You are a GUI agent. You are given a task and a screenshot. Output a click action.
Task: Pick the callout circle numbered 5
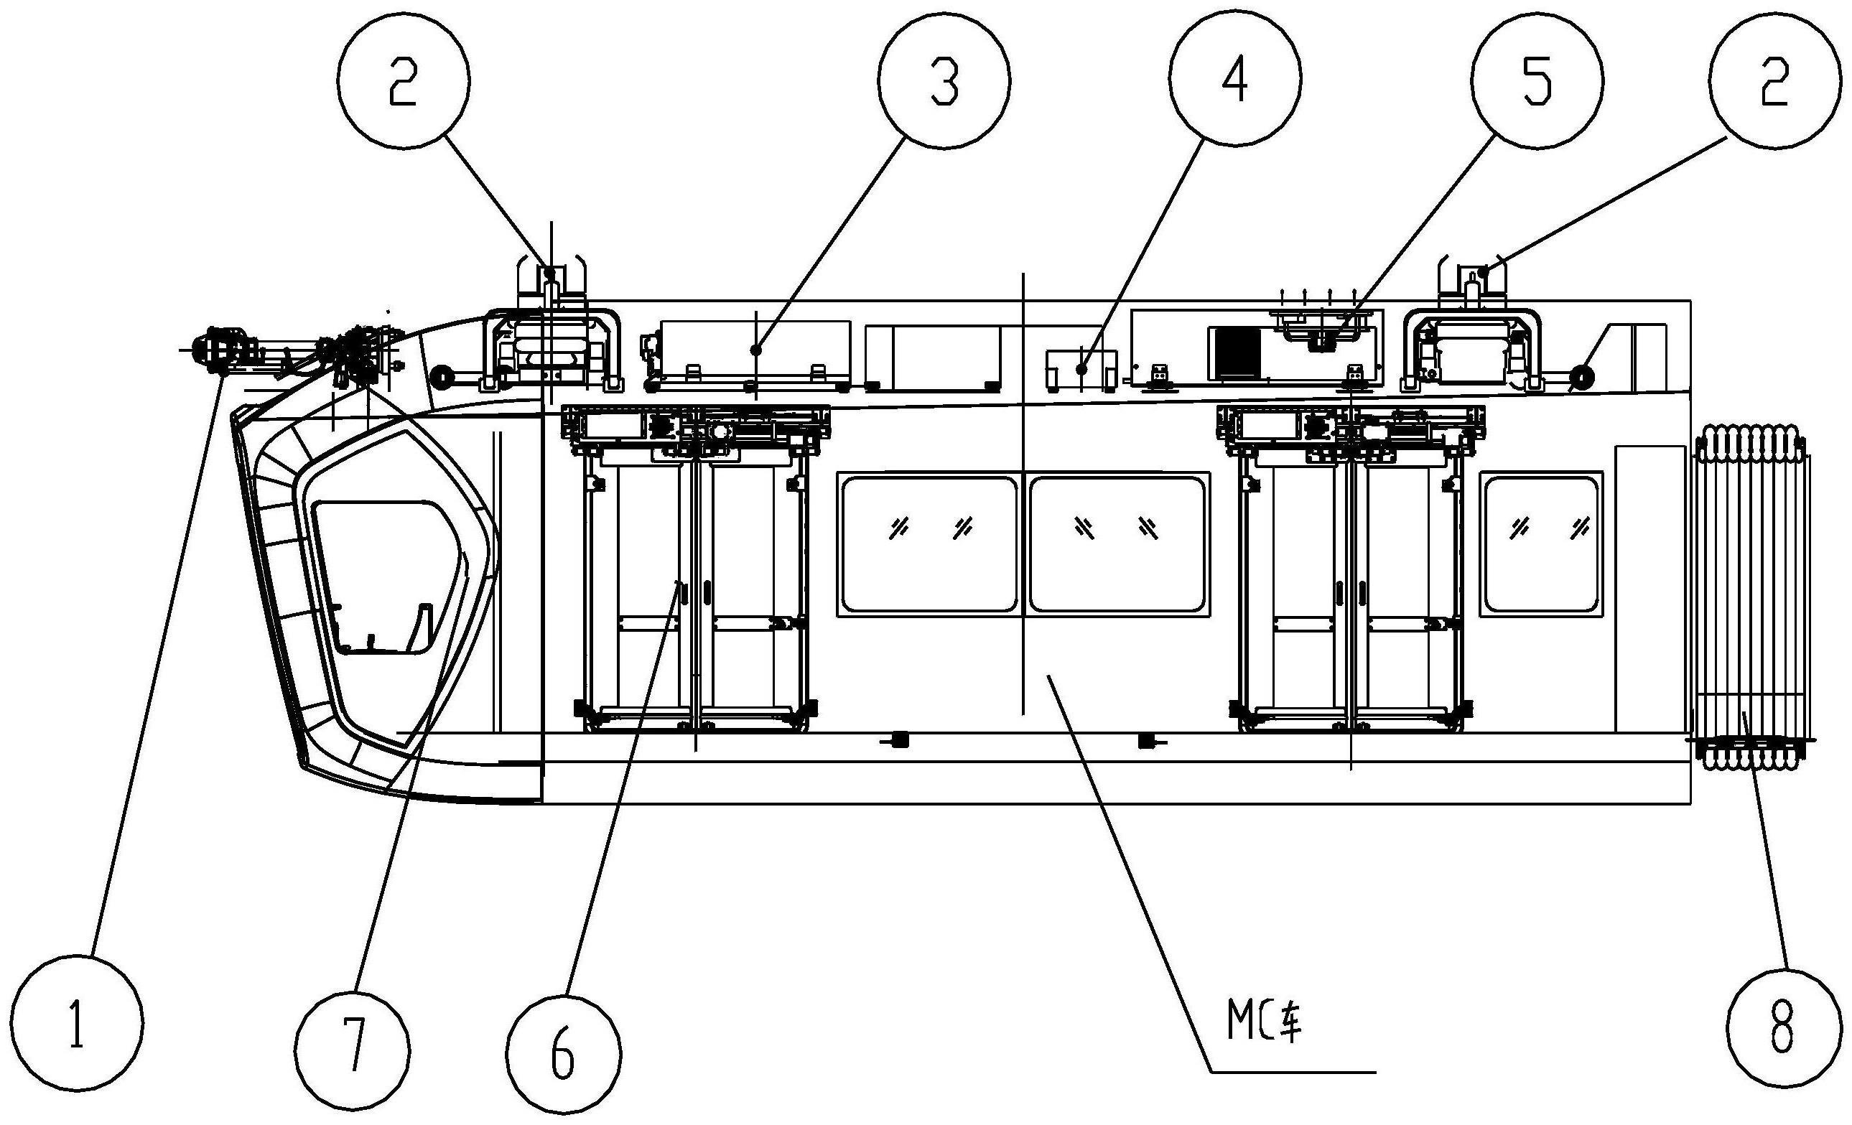pyautogui.click(x=1537, y=80)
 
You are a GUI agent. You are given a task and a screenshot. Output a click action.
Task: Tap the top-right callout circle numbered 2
pyautogui.click(x=1774, y=80)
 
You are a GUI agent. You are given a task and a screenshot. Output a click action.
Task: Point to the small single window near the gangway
pyautogui.click(x=1541, y=543)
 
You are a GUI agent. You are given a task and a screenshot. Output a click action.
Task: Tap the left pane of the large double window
pyautogui.click(x=929, y=543)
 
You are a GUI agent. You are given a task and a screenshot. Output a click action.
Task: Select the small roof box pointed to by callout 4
pyautogui.click(x=1081, y=369)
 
